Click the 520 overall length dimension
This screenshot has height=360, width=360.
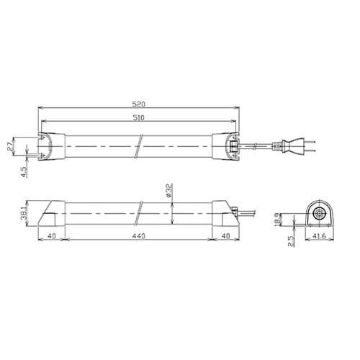139,104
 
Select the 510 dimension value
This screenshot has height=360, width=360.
139,118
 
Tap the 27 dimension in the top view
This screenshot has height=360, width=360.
10,146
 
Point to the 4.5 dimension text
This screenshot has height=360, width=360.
24,171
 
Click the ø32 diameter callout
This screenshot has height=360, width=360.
169,190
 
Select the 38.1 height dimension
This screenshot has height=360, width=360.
23,214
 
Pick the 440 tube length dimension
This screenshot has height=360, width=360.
139,236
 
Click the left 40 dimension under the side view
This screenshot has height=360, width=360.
52,236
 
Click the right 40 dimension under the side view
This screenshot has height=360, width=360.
226,236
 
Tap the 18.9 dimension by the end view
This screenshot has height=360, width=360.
277,219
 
